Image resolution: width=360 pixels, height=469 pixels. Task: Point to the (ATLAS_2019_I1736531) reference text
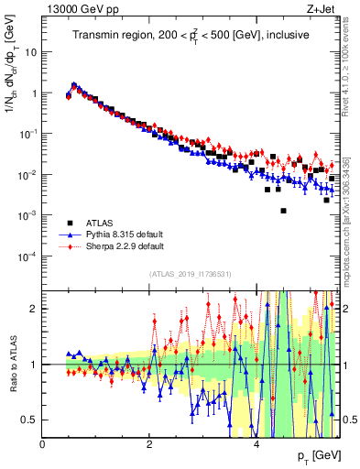click(191, 274)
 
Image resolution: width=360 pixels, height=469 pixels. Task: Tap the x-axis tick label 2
click(149, 444)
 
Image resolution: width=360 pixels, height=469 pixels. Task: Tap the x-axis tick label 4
click(256, 444)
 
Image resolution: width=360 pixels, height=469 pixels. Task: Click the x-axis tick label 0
click(43, 444)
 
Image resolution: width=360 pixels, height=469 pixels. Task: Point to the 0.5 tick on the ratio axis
click(30, 420)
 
